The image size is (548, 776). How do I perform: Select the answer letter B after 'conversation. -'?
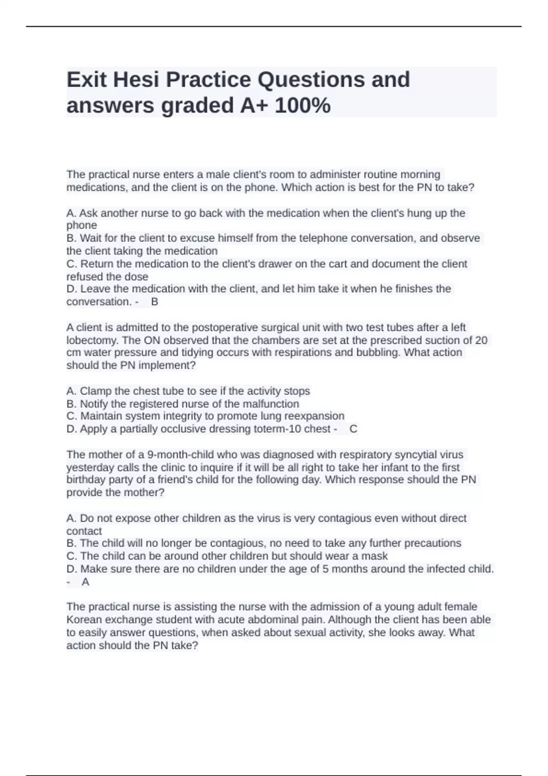[x=155, y=302]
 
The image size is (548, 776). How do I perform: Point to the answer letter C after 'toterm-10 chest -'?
[x=353, y=429]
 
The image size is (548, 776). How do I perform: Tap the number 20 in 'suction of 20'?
[x=481, y=341]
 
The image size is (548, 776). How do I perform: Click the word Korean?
[x=83, y=620]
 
